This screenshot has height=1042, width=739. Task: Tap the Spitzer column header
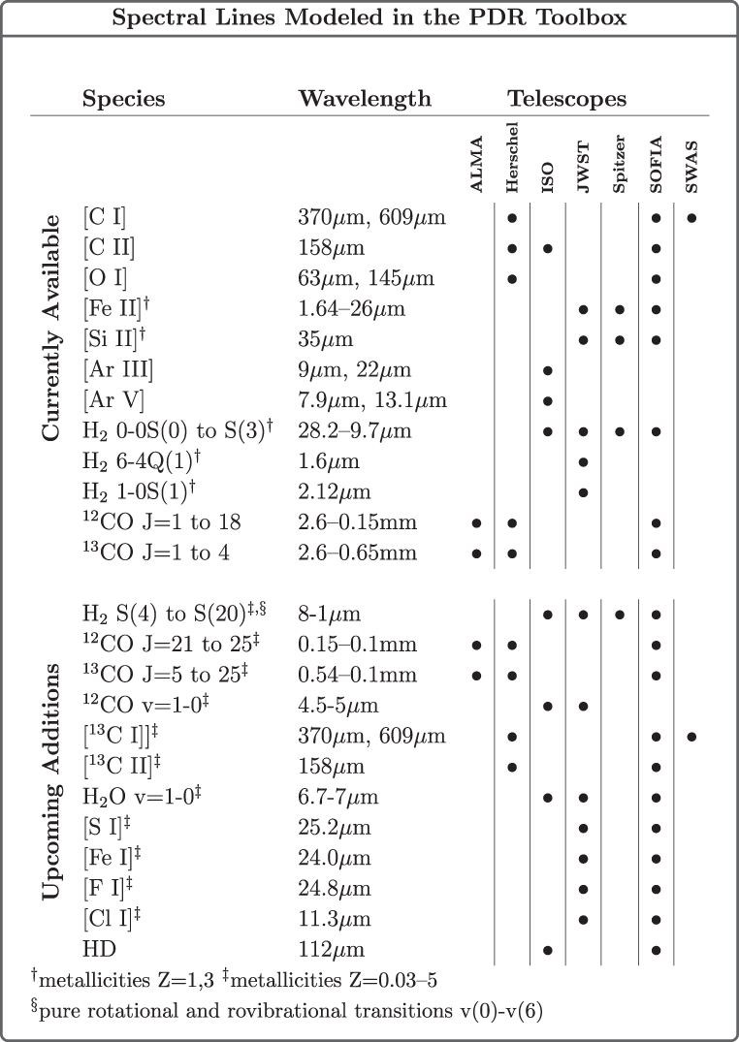[620, 162]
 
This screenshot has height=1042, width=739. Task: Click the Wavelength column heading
[365, 99]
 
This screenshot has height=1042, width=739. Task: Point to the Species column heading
[123, 99]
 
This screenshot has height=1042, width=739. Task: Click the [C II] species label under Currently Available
[110, 248]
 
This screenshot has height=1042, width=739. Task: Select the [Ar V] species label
[112, 372]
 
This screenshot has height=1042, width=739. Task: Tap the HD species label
[98, 950]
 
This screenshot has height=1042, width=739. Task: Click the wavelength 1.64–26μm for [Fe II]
[352, 310]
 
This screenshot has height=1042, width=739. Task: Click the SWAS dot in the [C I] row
[691, 218]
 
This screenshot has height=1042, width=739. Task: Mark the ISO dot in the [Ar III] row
[548, 342]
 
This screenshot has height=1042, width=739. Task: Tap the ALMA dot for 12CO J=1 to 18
[476, 523]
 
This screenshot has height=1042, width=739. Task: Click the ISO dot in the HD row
[548, 950]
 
